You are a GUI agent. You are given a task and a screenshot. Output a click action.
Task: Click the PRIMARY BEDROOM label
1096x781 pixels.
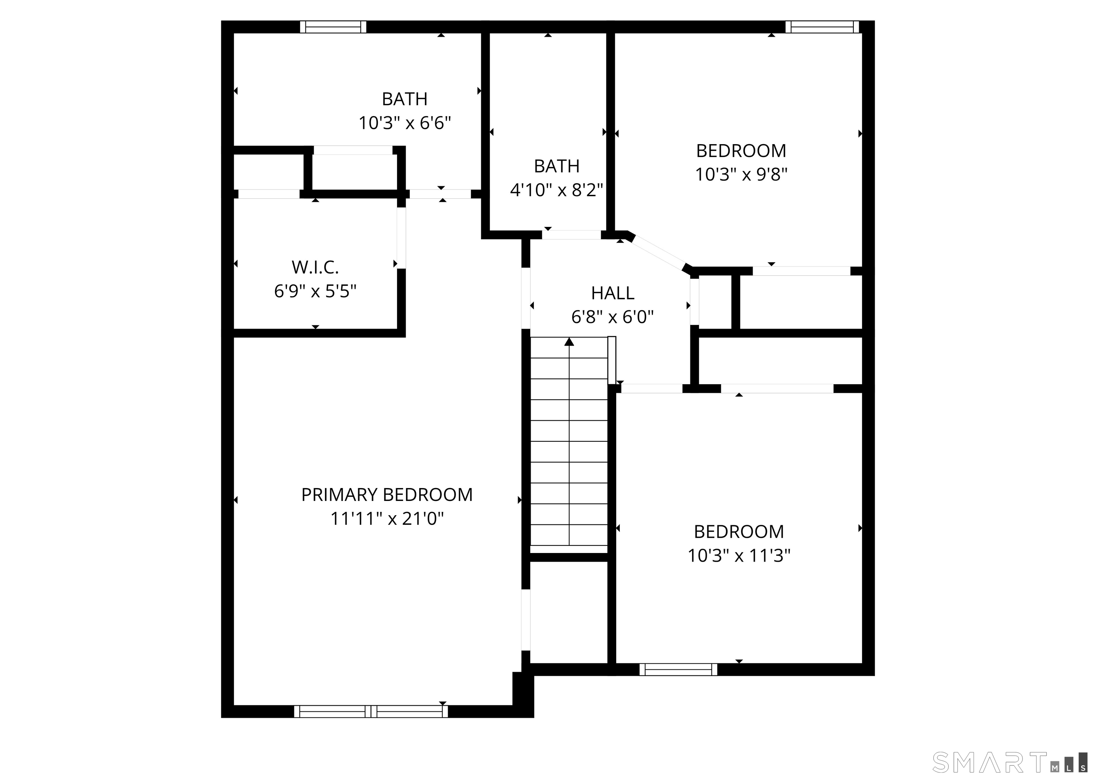click(387, 495)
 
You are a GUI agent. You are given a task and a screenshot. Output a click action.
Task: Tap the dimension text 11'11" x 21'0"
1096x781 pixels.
click(387, 519)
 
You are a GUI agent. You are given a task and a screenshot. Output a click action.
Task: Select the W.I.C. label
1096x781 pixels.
click(315, 267)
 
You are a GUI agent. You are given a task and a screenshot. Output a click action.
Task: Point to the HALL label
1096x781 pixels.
click(612, 293)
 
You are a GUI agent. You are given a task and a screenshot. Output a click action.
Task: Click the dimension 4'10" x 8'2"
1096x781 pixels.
click(557, 190)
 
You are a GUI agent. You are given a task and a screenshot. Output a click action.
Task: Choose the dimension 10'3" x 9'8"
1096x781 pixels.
click(741, 174)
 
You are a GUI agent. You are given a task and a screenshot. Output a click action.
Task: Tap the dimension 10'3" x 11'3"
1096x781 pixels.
click(739, 556)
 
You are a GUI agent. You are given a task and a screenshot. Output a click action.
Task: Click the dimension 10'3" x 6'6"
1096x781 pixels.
click(405, 123)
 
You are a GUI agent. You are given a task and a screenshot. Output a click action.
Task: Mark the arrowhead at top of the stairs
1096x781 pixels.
click(569, 341)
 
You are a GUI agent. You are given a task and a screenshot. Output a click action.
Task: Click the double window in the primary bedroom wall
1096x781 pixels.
click(371, 711)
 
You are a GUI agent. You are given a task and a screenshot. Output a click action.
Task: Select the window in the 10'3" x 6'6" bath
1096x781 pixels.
click(333, 27)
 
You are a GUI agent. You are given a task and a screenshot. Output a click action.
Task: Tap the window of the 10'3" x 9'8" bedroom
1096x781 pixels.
click(822, 27)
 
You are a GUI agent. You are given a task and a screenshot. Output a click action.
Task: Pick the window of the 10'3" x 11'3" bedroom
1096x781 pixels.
click(678, 669)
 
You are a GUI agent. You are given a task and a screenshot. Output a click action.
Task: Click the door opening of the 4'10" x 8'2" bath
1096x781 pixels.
click(571, 235)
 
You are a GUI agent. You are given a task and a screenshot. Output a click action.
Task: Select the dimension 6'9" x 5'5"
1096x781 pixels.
click(315, 291)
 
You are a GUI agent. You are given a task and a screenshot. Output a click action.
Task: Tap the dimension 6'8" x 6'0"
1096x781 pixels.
click(612, 317)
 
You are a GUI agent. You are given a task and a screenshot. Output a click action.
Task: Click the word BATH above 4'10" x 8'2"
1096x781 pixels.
click(557, 166)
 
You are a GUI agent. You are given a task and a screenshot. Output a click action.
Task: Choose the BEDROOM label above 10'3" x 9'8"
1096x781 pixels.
click(741, 151)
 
